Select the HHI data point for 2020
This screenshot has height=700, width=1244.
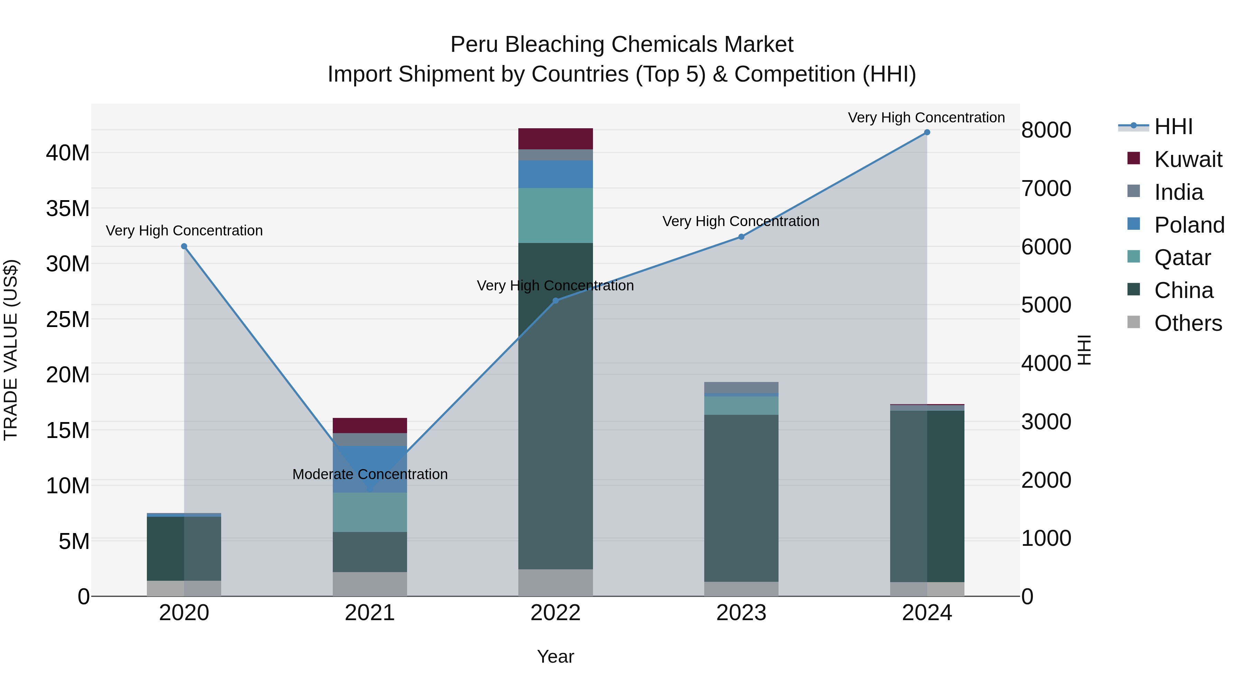click(x=184, y=246)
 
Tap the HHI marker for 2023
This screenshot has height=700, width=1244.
click(x=741, y=237)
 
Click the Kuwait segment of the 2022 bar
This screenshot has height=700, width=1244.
click(x=555, y=139)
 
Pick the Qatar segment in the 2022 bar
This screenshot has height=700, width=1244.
click(x=555, y=215)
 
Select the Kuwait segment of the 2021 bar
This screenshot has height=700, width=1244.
click(x=369, y=425)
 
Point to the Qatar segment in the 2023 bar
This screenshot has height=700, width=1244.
click(x=741, y=405)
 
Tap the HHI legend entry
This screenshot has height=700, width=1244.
click(x=1173, y=127)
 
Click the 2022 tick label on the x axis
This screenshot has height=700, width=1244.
click(x=555, y=613)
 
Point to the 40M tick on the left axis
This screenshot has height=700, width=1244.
click(x=68, y=153)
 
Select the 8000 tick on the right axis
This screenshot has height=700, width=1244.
click(x=1046, y=130)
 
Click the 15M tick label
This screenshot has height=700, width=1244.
click(x=68, y=430)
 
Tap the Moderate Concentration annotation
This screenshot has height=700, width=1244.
click(x=370, y=474)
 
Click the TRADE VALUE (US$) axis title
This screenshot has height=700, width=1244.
click(x=11, y=350)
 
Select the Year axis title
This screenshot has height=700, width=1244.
click(x=555, y=656)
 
